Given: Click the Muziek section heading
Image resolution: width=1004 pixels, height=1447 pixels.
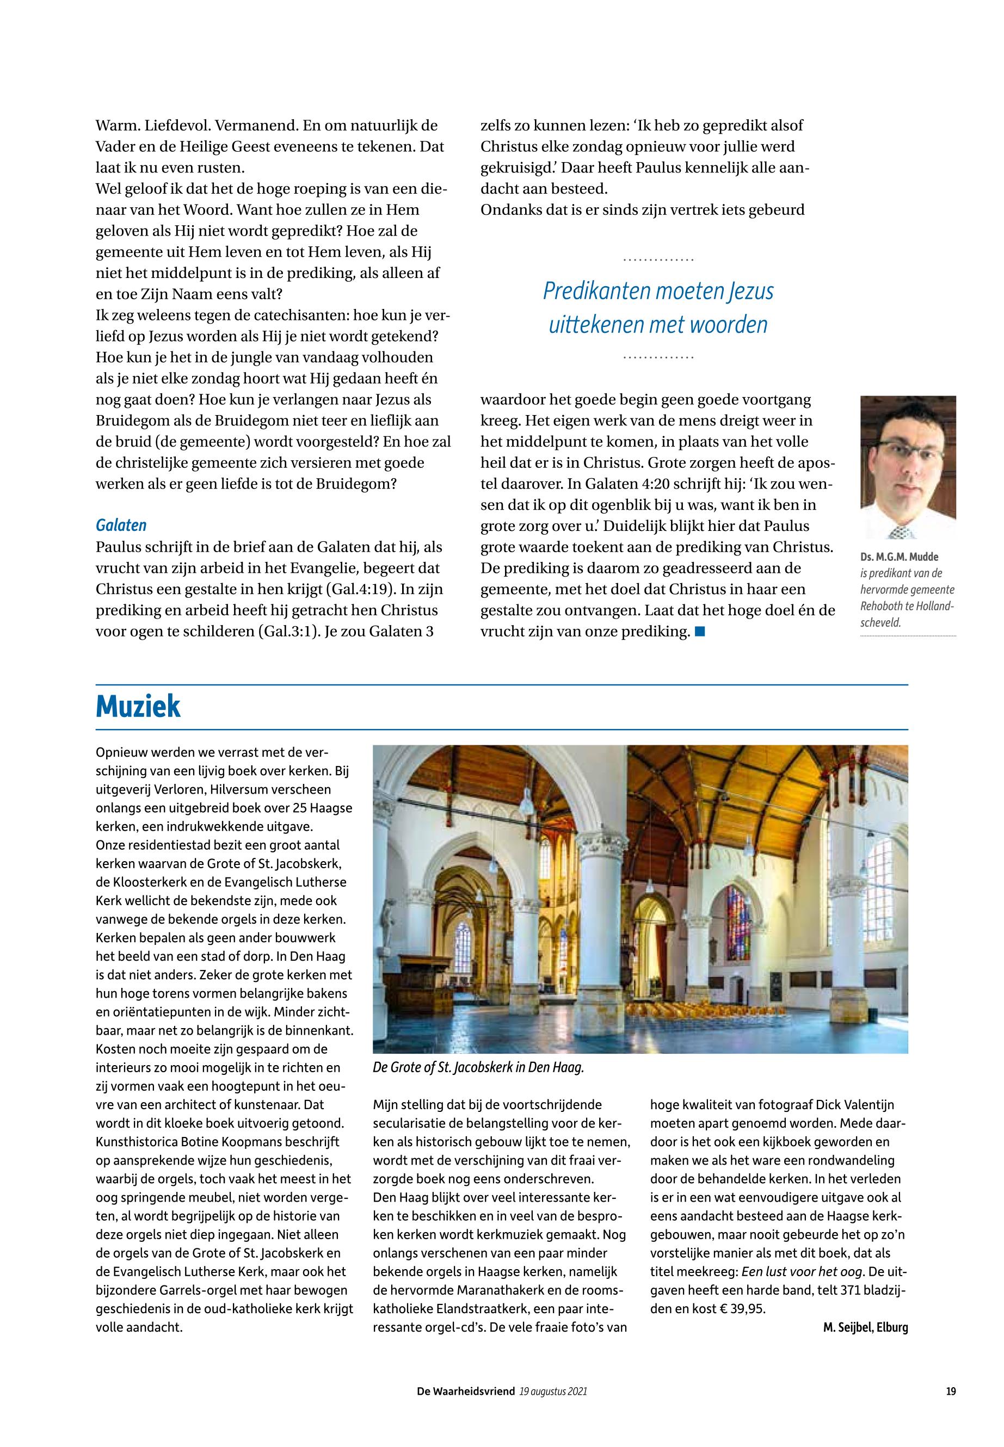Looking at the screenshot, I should tap(138, 706).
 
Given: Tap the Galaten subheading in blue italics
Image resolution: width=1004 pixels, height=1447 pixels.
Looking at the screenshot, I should tap(121, 525).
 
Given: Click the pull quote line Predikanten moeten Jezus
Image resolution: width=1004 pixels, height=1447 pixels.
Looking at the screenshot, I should tap(658, 291).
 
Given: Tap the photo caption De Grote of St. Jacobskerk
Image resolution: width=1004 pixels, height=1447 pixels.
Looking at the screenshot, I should tap(478, 1067).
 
